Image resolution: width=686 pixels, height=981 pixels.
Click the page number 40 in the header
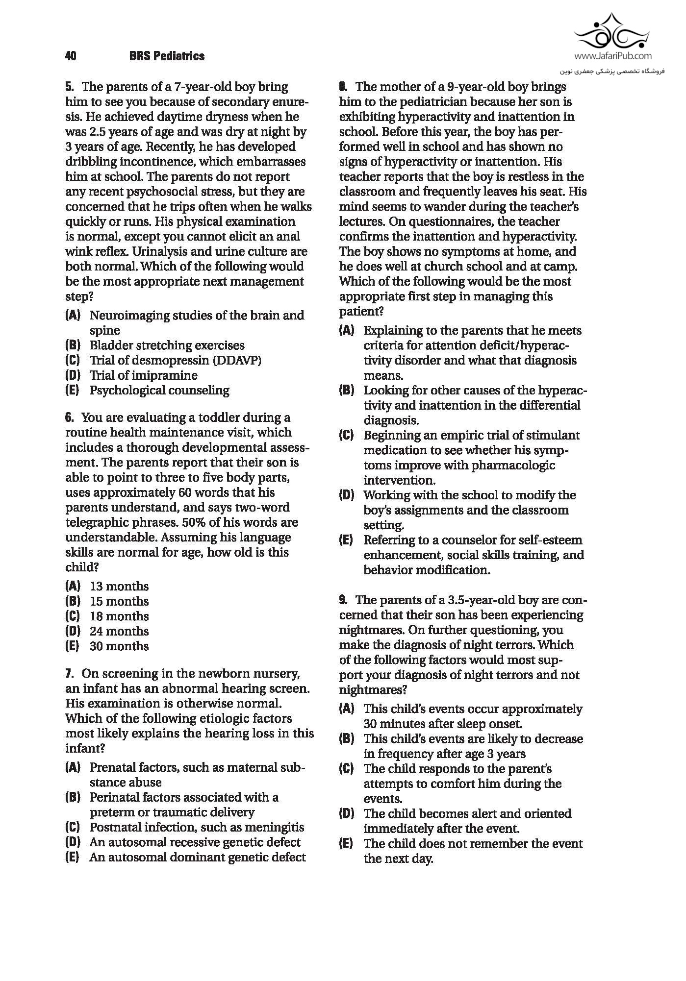(x=70, y=56)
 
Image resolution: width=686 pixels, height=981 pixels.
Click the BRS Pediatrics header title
(x=167, y=56)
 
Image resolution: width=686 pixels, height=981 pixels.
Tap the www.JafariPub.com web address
(x=612, y=56)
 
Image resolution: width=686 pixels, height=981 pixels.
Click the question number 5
(x=70, y=87)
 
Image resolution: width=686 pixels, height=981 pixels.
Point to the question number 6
(x=70, y=418)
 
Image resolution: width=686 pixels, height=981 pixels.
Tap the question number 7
(x=70, y=674)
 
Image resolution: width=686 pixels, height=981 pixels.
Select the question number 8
(x=343, y=87)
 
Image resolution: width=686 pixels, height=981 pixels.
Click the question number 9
(x=343, y=600)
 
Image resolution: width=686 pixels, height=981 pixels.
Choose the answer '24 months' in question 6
(x=119, y=631)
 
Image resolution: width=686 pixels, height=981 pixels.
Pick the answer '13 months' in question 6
(x=119, y=587)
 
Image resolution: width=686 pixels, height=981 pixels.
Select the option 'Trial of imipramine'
(x=143, y=376)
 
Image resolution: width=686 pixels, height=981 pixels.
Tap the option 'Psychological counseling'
(x=159, y=391)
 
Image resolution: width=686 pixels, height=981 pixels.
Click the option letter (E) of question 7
(x=73, y=858)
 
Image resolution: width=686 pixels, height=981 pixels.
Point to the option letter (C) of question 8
(x=346, y=436)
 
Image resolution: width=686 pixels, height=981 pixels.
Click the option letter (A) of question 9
(x=346, y=709)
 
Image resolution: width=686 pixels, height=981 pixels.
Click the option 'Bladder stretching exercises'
(x=167, y=345)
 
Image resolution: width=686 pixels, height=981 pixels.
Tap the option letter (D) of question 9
(x=346, y=814)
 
